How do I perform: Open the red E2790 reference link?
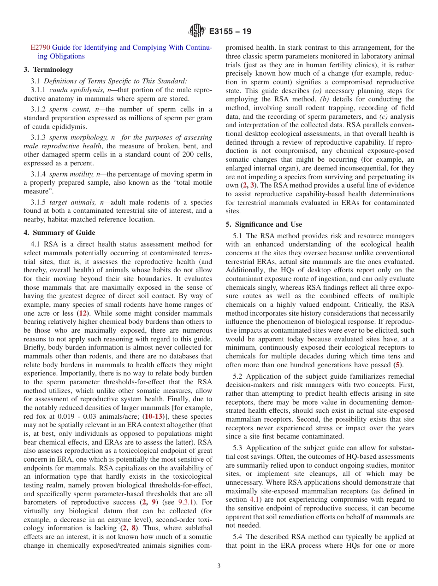40,47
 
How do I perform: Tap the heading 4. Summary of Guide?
59,233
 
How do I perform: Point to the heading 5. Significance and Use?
264,224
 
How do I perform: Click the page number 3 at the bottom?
219,566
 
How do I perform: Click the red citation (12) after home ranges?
83,313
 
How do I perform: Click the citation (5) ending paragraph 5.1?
397,365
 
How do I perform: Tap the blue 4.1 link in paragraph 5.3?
254,500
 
